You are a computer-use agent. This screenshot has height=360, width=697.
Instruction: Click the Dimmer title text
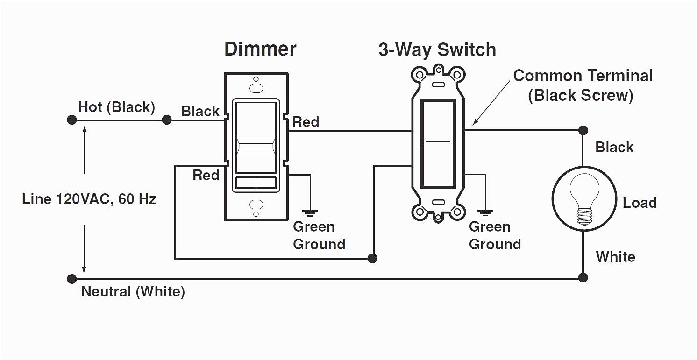[260, 49]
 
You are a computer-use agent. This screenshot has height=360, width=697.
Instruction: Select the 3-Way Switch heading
[437, 49]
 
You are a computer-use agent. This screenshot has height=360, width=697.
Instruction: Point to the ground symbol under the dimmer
[309, 212]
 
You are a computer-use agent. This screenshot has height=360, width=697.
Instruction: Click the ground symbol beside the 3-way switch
[486, 212]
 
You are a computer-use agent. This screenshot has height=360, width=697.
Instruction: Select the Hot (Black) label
[116, 107]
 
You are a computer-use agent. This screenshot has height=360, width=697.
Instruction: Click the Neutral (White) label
[133, 292]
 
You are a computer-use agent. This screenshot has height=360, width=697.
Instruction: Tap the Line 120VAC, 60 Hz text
[89, 199]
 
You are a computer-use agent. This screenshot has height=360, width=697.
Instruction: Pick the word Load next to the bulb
[640, 203]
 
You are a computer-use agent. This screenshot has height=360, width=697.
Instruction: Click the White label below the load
[615, 257]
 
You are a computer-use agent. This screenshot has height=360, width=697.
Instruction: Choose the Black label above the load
[614, 147]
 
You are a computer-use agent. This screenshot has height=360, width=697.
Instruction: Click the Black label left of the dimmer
[200, 111]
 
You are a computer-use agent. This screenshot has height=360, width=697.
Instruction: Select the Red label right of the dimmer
[306, 122]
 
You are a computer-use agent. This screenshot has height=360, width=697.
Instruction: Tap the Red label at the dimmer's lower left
[206, 176]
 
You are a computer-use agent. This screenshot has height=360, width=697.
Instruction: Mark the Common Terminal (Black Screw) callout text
[583, 85]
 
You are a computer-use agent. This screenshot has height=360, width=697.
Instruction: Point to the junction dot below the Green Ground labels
[372, 258]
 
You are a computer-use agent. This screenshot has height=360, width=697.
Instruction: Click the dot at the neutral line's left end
[71, 279]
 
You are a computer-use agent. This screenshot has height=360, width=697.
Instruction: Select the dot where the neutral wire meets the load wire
[583, 278]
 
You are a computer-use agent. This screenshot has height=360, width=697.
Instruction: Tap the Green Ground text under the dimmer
[319, 235]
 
